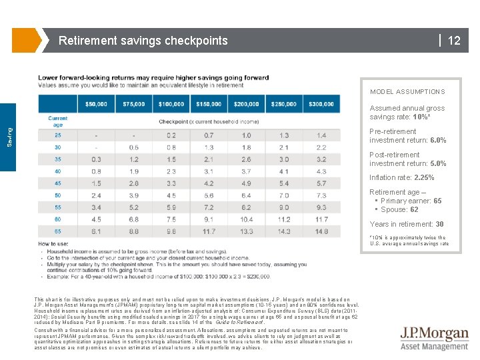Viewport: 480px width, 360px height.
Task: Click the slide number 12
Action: tap(454, 41)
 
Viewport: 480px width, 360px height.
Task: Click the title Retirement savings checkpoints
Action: tap(143, 41)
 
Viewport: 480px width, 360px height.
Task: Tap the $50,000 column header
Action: tap(96, 104)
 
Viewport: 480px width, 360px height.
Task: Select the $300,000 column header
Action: tap(321, 104)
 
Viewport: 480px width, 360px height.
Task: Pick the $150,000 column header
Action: tap(209, 104)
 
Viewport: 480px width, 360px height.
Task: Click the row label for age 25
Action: tap(58, 135)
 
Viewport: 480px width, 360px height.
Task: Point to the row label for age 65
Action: tap(58, 231)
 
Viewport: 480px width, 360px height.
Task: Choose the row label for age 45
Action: tap(58, 183)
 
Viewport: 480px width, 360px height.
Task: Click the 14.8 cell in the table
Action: tap(321, 231)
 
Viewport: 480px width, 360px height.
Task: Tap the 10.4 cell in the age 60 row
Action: tap(247, 219)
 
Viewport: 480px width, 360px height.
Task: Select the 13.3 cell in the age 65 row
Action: tap(247, 231)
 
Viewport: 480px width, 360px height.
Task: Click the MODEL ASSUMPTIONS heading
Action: tap(407, 92)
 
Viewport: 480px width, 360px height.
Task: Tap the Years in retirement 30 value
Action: tap(439, 224)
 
